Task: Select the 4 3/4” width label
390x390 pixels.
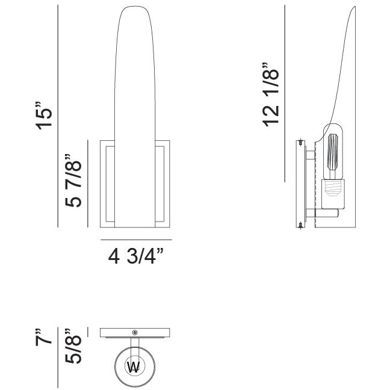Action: pos(136,258)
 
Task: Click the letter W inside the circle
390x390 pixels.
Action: pos(134,368)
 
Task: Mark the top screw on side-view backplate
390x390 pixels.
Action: pos(300,143)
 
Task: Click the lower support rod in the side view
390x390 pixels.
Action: pos(325,213)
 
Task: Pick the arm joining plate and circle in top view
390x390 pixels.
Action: pos(134,345)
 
